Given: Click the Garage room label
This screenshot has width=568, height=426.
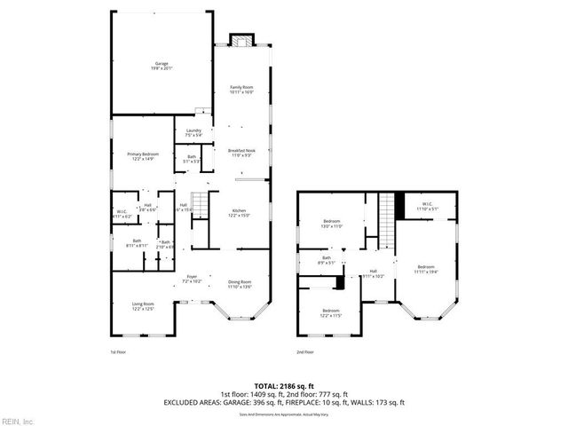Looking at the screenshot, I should [x=162, y=66].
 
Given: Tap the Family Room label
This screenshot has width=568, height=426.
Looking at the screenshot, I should [x=242, y=89].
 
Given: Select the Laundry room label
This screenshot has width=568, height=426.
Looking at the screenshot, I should [x=193, y=134].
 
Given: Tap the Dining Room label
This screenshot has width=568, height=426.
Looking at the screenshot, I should [x=240, y=284].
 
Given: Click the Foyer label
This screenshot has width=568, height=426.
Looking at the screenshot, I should [x=192, y=279].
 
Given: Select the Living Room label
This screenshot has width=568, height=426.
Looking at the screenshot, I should [x=143, y=307].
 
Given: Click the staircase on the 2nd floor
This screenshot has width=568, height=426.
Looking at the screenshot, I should [x=386, y=219].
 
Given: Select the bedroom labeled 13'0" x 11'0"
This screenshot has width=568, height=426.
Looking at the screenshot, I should [x=332, y=224].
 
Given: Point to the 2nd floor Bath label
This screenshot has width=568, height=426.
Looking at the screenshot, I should [x=327, y=260].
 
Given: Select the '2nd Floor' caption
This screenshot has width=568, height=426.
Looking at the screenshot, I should [x=305, y=352].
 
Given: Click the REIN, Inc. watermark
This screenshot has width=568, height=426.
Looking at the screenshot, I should [x=18, y=421].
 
